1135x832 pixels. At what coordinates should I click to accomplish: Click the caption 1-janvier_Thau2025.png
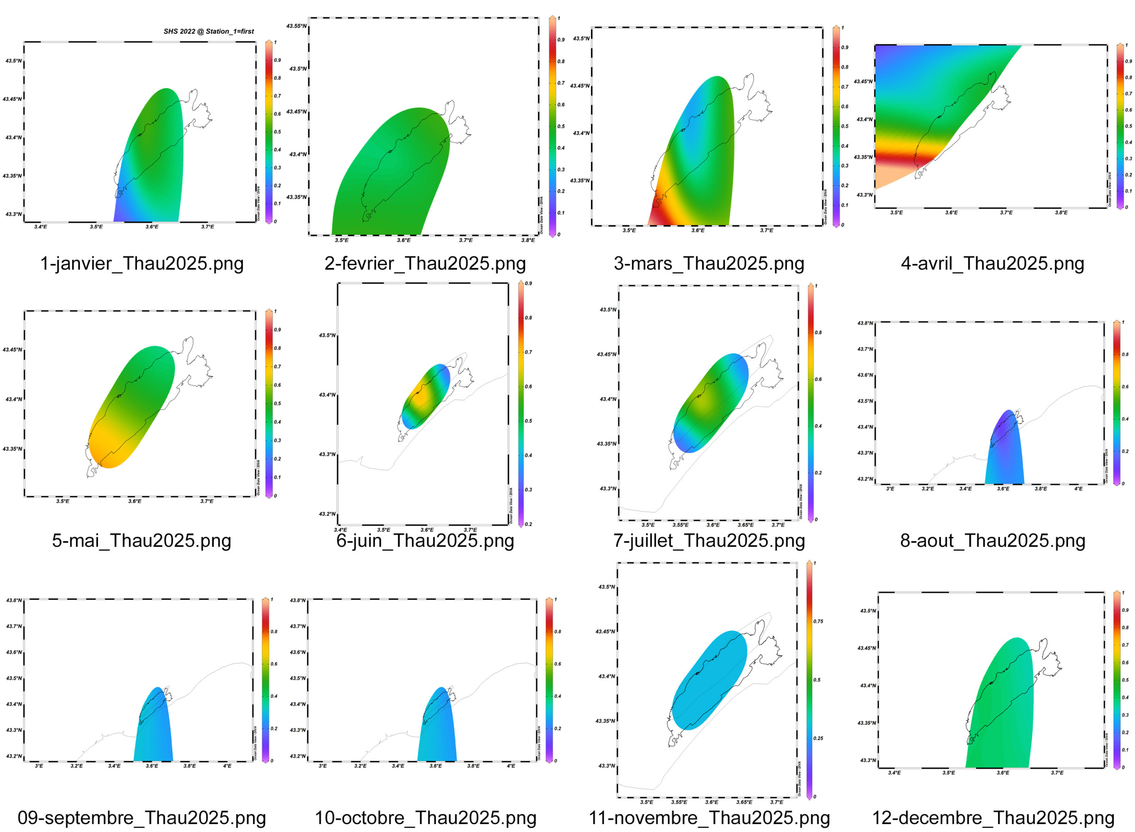click(x=141, y=263)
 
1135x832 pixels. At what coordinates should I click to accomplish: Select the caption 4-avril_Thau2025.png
click(x=992, y=263)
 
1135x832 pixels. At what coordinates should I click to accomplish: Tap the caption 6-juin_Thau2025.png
click(x=425, y=540)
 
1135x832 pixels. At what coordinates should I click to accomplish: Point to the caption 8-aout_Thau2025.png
click(x=992, y=540)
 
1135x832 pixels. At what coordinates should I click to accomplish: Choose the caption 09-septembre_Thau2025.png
click(x=141, y=817)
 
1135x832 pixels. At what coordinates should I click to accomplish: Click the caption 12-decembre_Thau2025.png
click(x=992, y=817)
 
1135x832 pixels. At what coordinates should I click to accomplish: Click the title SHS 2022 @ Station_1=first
click(x=208, y=31)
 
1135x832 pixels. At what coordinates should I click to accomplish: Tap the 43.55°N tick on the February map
click(x=296, y=26)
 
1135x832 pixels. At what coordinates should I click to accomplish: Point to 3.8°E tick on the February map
click(x=528, y=240)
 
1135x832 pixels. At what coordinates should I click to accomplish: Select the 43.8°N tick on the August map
click(x=865, y=323)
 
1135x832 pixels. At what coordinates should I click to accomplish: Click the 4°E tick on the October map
click(x=511, y=766)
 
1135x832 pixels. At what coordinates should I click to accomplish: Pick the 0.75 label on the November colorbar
click(x=818, y=621)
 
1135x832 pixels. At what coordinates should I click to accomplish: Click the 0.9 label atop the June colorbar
click(x=528, y=284)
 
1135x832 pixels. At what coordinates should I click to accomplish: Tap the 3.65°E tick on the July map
click(x=746, y=525)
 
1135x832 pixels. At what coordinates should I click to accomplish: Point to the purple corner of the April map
click(x=887, y=55)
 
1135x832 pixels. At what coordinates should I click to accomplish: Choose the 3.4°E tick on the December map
click(x=894, y=773)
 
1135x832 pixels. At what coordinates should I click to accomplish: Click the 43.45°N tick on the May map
click(x=12, y=350)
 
